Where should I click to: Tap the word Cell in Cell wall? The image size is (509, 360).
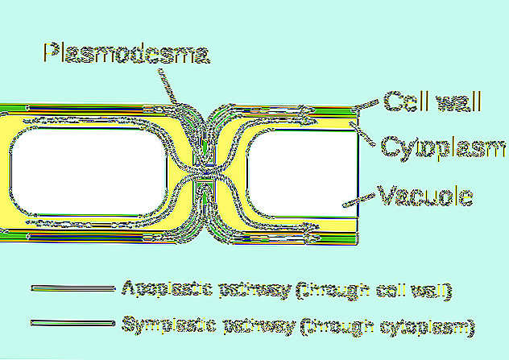(400, 102)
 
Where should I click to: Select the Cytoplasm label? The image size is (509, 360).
(442, 148)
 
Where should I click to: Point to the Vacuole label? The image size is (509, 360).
(424, 196)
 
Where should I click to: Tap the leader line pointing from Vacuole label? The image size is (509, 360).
(361, 197)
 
